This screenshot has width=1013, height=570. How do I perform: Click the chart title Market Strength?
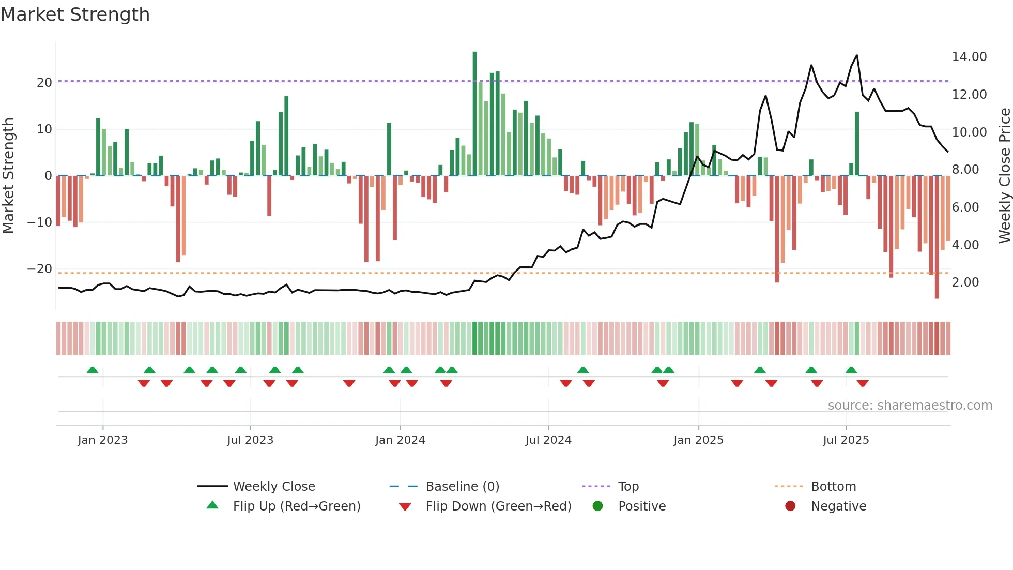coord(75,14)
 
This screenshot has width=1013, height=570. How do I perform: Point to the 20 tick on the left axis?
coord(44,82)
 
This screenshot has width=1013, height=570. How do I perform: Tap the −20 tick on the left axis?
coord(40,268)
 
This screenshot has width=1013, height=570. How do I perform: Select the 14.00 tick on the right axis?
coord(969,56)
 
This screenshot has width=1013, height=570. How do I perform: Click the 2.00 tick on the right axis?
coord(965,282)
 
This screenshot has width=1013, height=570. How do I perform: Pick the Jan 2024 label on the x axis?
coord(400,440)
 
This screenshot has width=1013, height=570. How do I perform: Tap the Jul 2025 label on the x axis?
coord(846,440)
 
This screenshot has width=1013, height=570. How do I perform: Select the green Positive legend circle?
coord(597,506)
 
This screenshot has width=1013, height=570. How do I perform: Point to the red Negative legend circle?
coord(790,506)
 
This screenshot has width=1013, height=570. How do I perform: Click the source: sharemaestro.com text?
coord(910,405)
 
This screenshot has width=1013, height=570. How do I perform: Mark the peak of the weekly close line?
coord(857,55)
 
